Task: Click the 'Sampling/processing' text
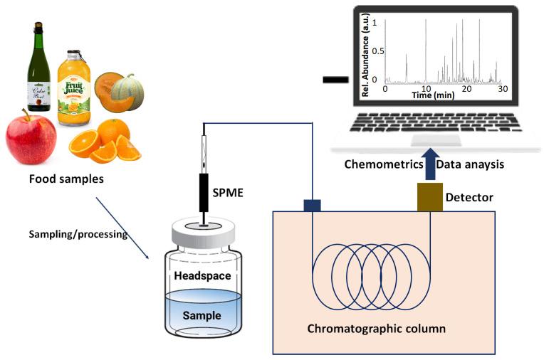[x=78, y=233]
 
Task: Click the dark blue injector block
[x=312, y=206]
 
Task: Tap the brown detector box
[x=429, y=197]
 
